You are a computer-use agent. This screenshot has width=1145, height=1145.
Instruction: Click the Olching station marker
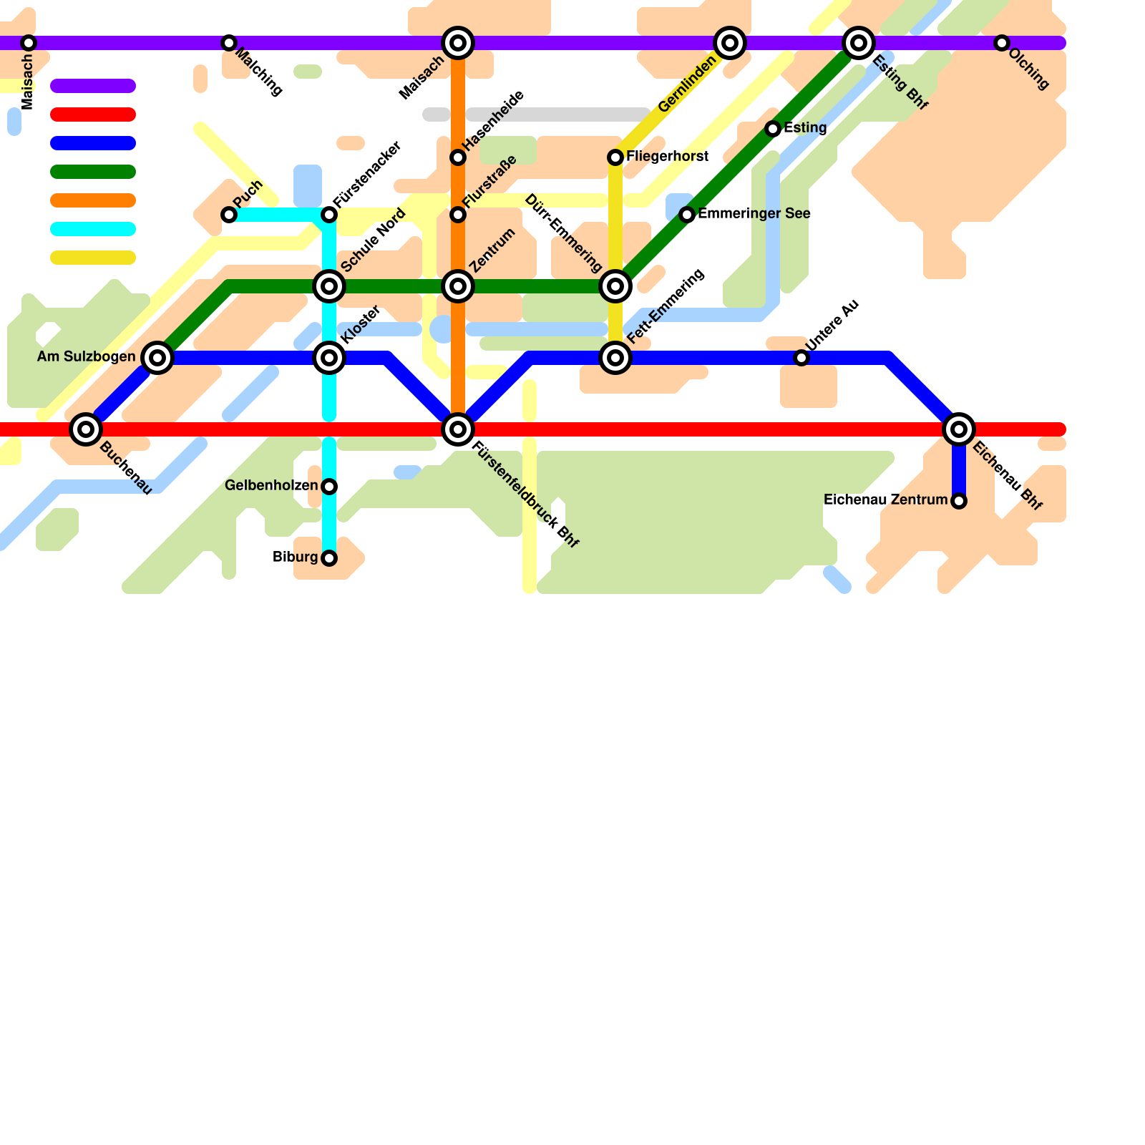coord(1002,43)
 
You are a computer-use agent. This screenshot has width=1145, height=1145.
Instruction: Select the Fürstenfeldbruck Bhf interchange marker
coord(458,429)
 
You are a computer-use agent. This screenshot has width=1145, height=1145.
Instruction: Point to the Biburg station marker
coord(329,558)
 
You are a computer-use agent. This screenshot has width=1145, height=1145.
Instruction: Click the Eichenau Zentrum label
coord(885,500)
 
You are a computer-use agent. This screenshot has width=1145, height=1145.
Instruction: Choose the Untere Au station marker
coord(801,358)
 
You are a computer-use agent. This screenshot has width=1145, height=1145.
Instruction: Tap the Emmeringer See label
coord(754,214)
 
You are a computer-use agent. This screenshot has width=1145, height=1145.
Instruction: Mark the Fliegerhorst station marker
coord(615,157)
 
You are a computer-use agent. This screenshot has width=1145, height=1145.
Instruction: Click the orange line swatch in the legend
coord(93,200)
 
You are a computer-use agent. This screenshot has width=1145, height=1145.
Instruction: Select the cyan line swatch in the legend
coord(93,229)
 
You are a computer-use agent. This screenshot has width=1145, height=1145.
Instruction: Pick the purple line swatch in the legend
coord(93,86)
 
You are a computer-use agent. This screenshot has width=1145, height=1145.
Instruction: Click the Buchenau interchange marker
coord(86,429)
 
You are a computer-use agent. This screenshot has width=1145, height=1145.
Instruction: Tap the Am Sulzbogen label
coord(86,357)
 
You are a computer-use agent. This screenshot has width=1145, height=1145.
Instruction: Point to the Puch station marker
coord(229,215)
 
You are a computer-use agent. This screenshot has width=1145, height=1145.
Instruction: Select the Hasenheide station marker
coord(458,157)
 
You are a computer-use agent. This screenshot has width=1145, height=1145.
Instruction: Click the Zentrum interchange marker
coord(458,286)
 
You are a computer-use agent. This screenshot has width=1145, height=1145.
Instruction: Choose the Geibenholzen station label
coord(271,487)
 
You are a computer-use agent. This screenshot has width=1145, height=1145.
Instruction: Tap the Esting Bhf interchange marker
coord(859,43)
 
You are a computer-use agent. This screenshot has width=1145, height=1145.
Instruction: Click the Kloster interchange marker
coord(329,358)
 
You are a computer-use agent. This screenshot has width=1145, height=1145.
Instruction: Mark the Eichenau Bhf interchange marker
coord(959,429)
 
